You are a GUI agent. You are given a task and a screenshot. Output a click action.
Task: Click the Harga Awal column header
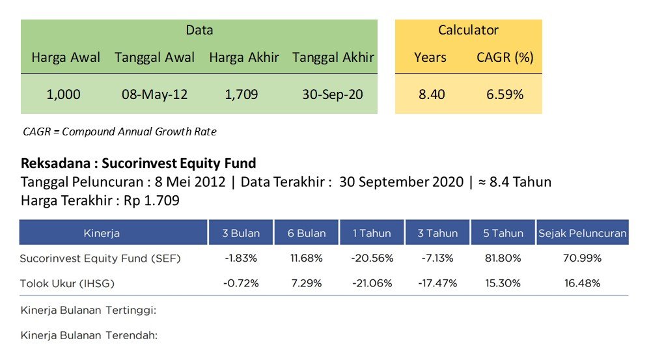click(66, 57)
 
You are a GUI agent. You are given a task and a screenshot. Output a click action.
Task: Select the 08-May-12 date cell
click(154, 94)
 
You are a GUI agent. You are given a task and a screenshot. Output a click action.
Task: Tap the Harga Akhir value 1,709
click(242, 94)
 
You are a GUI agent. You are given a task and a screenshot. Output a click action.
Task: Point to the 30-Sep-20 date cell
click(333, 94)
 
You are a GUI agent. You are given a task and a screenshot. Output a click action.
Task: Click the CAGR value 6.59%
click(505, 94)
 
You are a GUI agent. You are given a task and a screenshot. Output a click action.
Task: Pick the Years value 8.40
click(432, 94)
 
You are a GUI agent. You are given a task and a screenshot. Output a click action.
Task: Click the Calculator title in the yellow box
click(468, 30)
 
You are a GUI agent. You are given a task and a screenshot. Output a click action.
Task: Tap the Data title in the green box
click(199, 30)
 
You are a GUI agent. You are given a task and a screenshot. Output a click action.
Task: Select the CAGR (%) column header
click(505, 57)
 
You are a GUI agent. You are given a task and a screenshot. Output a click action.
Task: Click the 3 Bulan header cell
click(241, 233)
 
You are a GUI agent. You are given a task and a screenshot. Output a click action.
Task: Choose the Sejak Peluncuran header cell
click(583, 233)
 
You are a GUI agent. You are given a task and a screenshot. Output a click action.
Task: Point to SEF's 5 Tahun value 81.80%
click(503, 258)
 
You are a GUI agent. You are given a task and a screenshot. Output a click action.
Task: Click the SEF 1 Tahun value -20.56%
click(372, 258)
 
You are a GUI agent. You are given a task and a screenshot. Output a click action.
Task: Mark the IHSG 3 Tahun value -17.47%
click(437, 284)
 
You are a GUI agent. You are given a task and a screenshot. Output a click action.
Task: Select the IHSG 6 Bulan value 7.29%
click(307, 284)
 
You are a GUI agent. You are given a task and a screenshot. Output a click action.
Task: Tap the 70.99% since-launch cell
click(582, 258)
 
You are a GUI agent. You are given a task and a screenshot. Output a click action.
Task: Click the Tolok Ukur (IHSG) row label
click(67, 284)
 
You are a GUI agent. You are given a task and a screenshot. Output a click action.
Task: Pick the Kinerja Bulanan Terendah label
click(89, 335)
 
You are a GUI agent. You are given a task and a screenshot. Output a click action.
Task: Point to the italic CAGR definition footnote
click(120, 132)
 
